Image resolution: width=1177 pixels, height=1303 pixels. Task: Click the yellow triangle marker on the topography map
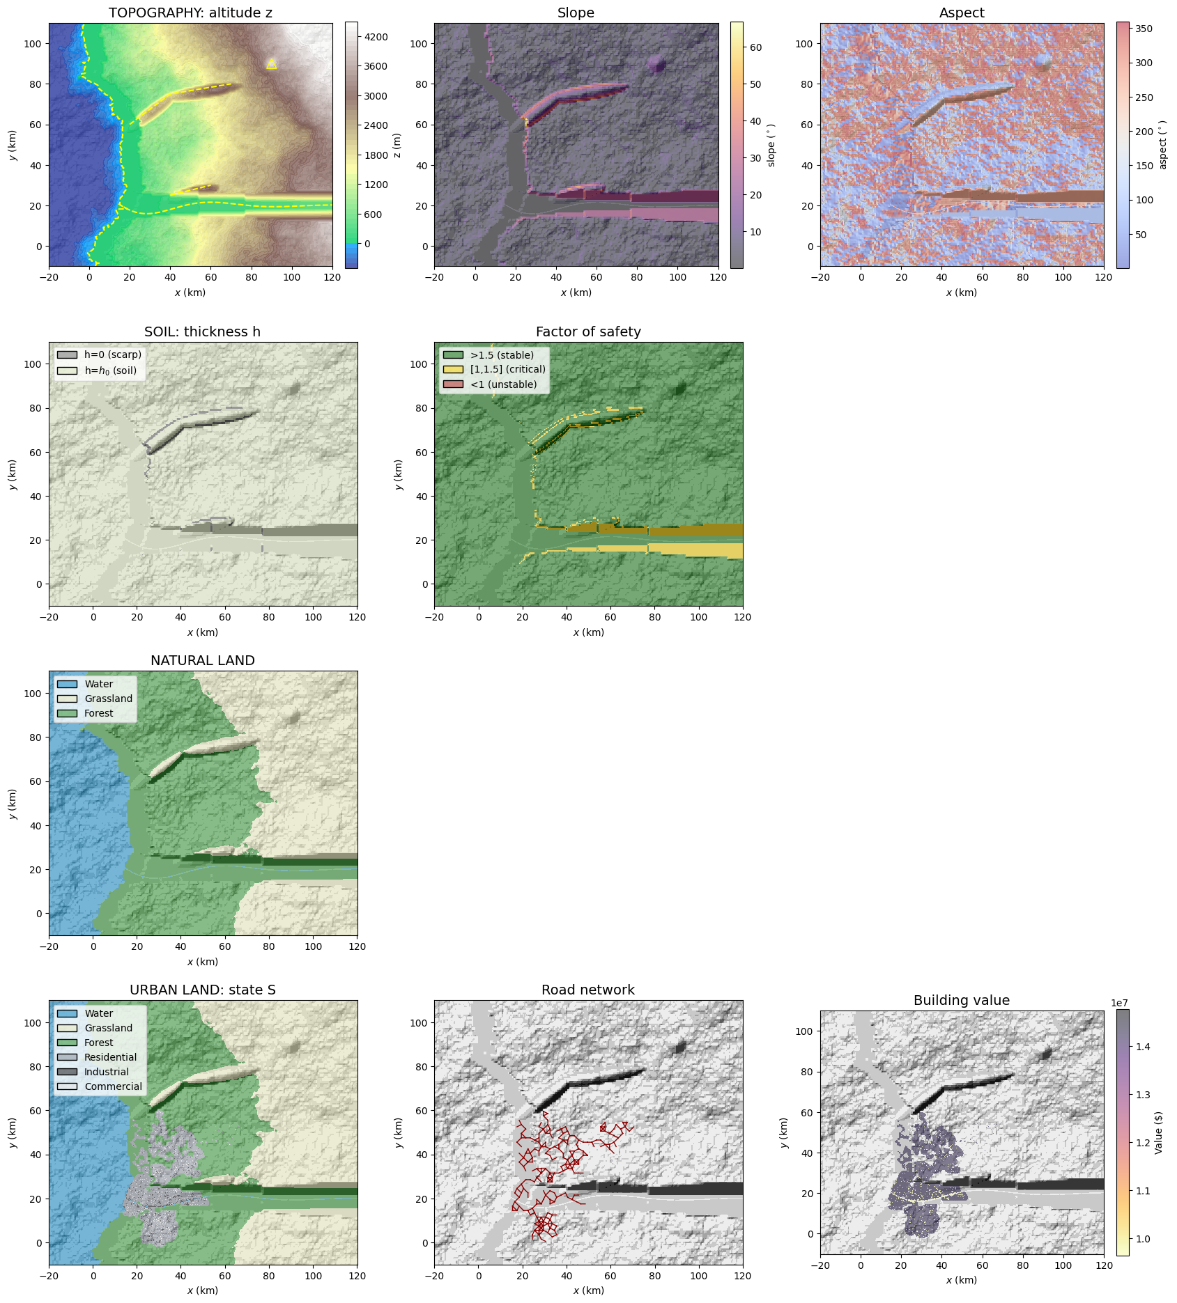pyautogui.click(x=272, y=64)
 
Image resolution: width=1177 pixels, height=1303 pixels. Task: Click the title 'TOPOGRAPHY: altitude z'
pyautogui.click(x=190, y=13)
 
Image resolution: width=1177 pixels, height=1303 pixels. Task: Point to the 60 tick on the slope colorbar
pyautogui.click(x=755, y=47)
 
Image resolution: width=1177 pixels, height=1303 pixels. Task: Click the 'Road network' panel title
pyautogui.click(x=588, y=990)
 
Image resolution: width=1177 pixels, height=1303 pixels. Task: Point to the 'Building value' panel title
pyautogui.click(x=962, y=1001)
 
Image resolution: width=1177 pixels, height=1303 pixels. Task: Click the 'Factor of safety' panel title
pyautogui.click(x=588, y=332)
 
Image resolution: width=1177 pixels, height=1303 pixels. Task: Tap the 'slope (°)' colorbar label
pyautogui.click(x=771, y=145)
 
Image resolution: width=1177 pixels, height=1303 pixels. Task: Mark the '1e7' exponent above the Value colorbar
pyautogui.click(x=1121, y=1003)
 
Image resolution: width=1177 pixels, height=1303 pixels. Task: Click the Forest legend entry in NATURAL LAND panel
pyautogui.click(x=99, y=714)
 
